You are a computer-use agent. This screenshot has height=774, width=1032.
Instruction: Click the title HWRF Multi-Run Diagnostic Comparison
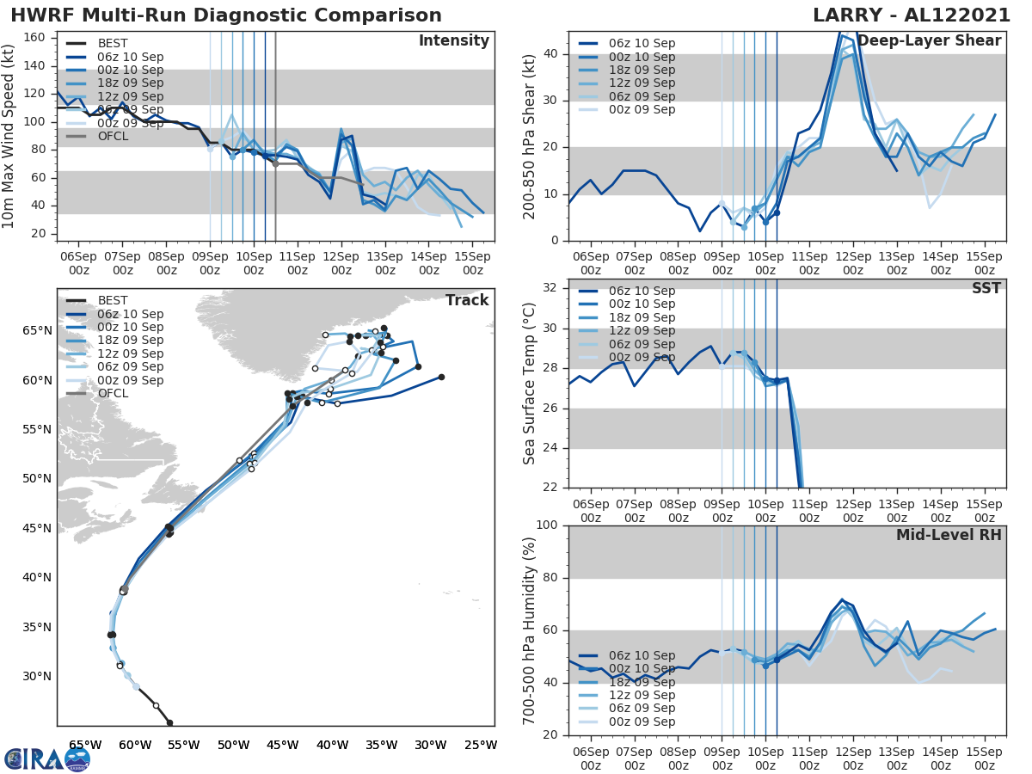226,15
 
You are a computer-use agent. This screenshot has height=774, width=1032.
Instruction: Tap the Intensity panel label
453,41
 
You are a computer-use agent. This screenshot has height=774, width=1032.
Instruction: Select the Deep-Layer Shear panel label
929,41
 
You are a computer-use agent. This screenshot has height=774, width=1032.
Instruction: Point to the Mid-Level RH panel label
949,535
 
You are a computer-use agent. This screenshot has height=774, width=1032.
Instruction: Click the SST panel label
986,288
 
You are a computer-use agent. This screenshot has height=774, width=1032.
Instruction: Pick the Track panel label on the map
467,300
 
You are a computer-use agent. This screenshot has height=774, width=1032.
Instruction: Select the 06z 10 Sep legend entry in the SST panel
641,291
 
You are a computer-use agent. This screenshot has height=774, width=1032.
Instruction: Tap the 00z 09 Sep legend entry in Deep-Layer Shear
641,109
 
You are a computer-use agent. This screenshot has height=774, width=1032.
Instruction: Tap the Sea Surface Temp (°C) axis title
529,384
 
